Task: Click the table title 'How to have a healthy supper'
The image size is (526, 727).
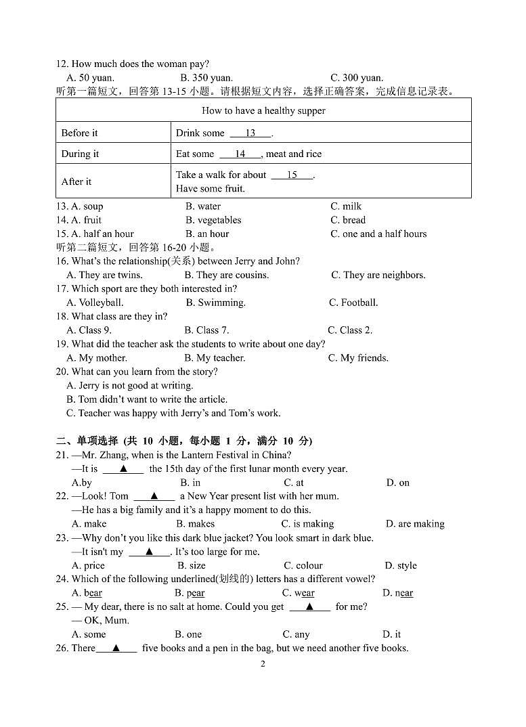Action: (263, 110)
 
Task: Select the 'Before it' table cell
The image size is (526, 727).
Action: (79, 133)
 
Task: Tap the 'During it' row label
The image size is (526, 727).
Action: (80, 154)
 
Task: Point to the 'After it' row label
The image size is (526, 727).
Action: (76, 181)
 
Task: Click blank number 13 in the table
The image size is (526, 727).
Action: (250, 133)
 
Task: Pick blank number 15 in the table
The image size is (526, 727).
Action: (292, 175)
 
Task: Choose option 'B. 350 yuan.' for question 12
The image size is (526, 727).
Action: (206, 78)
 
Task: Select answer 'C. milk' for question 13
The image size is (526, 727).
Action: (346, 206)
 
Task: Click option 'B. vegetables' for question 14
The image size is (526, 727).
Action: (213, 220)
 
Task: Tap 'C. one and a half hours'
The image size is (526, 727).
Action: (378, 234)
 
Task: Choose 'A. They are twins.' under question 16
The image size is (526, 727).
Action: (104, 275)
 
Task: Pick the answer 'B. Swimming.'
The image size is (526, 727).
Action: (215, 303)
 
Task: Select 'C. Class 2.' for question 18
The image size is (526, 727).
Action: (350, 330)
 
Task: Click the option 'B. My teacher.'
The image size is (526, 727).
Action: (215, 358)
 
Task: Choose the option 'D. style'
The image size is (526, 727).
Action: (401, 565)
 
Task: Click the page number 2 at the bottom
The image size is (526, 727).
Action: (263, 663)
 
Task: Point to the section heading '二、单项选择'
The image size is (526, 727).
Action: (88, 441)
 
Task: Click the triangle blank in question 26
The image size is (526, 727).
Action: (116, 648)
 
